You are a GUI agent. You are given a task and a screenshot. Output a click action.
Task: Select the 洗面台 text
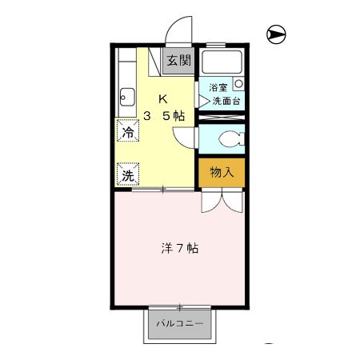[x=227, y=101]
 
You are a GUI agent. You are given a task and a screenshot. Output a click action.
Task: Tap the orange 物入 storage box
[x=222, y=171]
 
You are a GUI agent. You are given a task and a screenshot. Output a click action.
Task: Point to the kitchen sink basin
[x=126, y=97]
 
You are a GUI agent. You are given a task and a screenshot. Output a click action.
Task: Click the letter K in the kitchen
[x=163, y=100]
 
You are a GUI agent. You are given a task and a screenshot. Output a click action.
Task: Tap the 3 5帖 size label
[x=164, y=116]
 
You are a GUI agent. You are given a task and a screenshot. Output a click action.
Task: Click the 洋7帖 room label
[x=174, y=248]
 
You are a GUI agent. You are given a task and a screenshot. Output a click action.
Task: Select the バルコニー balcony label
[x=179, y=325]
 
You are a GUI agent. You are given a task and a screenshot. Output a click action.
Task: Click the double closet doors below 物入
[x=221, y=199]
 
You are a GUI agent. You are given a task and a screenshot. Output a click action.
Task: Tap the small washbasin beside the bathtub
[x=238, y=82]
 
